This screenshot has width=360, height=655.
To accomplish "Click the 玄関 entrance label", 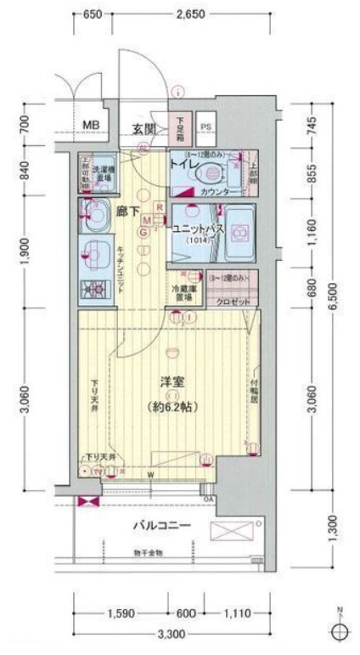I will tap(143, 129).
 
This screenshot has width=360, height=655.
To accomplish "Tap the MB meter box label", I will tap(91, 127).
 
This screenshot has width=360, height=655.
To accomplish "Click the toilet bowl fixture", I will tap(207, 173).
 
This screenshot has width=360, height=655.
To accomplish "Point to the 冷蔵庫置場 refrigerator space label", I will tap(186, 291).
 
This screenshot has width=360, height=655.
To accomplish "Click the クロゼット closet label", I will tap(231, 301).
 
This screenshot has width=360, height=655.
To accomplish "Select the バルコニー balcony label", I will tap(161, 525).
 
